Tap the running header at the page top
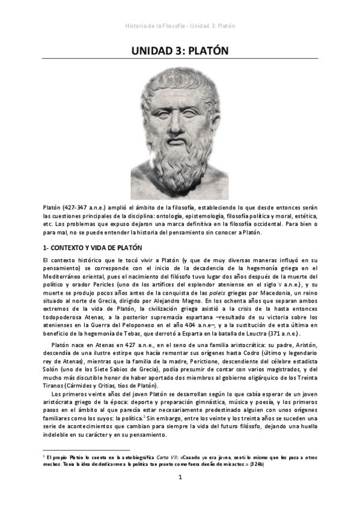(180, 26)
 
